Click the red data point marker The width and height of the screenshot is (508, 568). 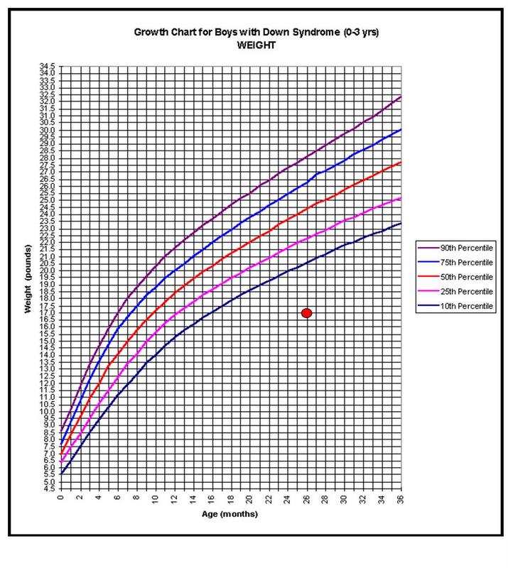click(x=307, y=313)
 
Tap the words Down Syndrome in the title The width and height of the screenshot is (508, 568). click(x=249, y=32)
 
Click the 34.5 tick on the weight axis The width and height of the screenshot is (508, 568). click(x=48, y=67)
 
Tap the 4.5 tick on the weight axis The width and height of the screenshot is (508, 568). click(x=48, y=488)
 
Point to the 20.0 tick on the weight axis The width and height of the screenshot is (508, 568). click(x=48, y=271)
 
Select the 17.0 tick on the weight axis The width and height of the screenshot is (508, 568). click(x=48, y=313)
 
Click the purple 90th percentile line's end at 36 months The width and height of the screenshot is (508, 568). click(x=401, y=97)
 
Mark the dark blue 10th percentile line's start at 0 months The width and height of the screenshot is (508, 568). click(x=62, y=474)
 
